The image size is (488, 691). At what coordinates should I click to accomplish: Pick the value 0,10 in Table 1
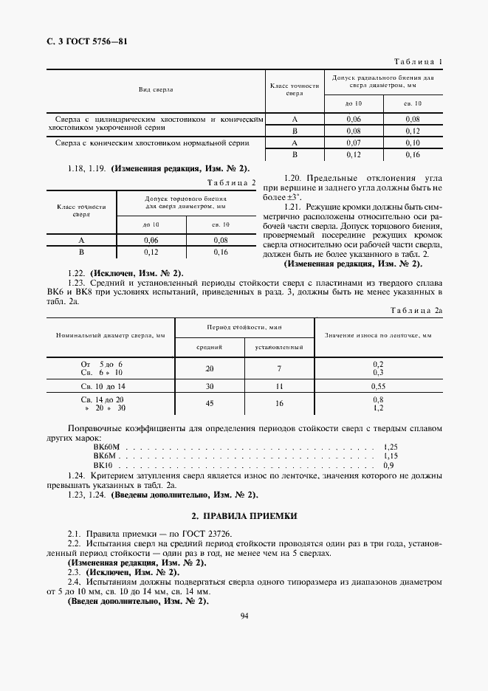pyautogui.click(x=413, y=142)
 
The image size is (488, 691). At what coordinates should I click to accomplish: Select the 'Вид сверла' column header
pyautogui.click(x=156, y=89)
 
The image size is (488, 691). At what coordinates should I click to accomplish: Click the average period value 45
pyautogui.click(x=210, y=404)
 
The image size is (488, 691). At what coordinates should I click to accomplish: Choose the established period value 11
pyautogui.click(x=279, y=386)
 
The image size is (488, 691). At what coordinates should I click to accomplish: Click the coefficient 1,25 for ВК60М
pyautogui.click(x=391, y=447)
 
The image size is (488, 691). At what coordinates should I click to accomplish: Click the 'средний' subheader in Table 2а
pyautogui.click(x=210, y=346)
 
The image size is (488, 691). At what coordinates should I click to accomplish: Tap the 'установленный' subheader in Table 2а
pyautogui.click(x=279, y=346)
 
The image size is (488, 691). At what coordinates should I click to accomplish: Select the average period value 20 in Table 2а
pyautogui.click(x=210, y=368)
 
